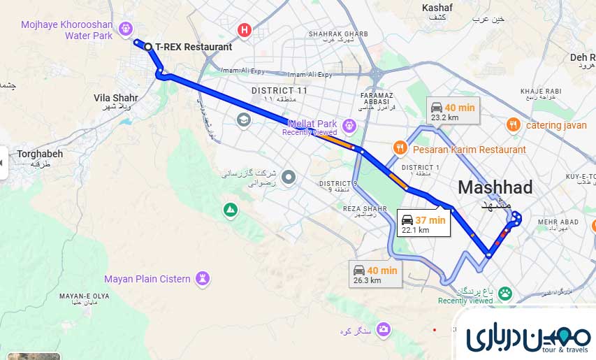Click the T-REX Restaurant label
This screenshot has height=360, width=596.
[x=193, y=47]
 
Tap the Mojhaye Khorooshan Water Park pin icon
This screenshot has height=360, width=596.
[x=126, y=29]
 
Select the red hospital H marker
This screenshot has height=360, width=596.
[x=244, y=30]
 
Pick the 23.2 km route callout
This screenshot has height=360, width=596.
[x=453, y=111]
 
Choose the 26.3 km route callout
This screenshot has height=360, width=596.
[x=376, y=274]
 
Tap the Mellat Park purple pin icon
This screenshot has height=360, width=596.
[x=349, y=125]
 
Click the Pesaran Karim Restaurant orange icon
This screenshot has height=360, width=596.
[x=400, y=147]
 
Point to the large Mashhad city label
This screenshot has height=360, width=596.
[x=495, y=187]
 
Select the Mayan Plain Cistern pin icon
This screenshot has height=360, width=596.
[x=203, y=279]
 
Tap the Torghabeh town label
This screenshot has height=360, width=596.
[x=40, y=154]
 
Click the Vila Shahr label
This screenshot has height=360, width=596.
[x=116, y=98]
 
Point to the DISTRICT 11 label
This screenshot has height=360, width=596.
[x=279, y=91]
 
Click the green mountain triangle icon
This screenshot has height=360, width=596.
[x=230, y=209]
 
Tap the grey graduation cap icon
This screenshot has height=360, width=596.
[x=244, y=120]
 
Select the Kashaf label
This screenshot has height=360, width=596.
[x=437, y=8]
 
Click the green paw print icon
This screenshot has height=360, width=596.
[x=505, y=294]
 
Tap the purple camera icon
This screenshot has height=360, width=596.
[x=383, y=329]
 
